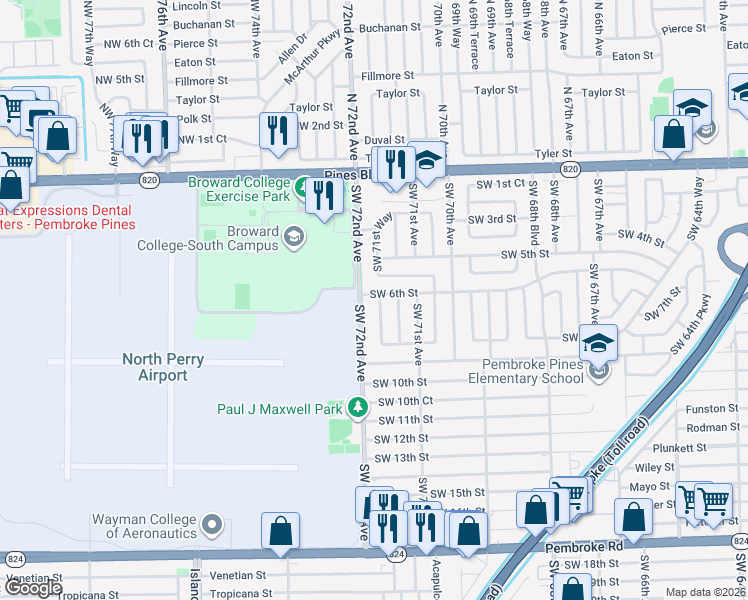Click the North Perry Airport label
click(154, 367)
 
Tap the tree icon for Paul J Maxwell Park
click(357, 408)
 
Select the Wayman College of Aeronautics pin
click(212, 524)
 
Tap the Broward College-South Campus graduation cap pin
click(294, 237)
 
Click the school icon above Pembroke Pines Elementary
click(598, 345)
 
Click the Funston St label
click(712, 409)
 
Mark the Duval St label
click(384, 141)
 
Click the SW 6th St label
click(393, 293)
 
